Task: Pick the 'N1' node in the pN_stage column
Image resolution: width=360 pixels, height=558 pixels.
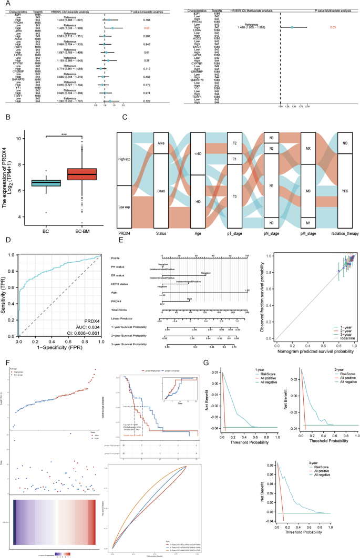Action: (x=272, y=185)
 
